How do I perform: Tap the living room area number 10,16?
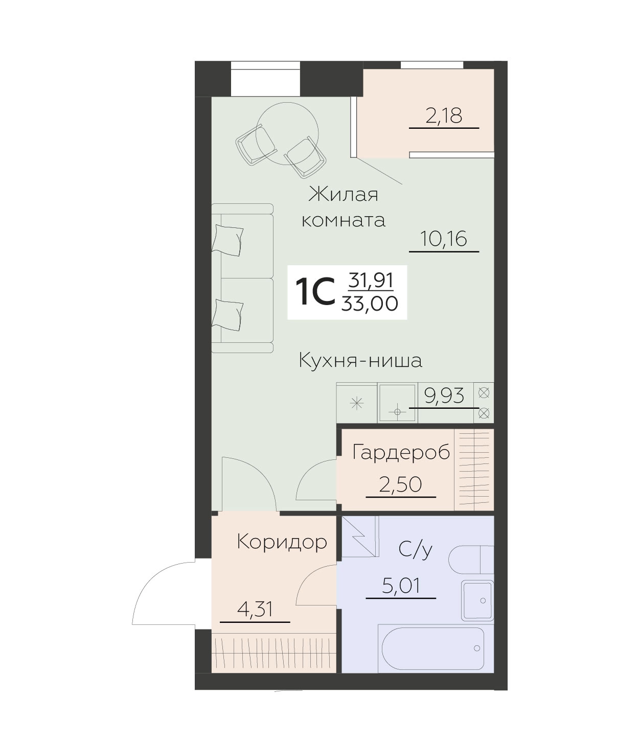click(444, 239)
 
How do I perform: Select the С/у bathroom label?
click(416, 549)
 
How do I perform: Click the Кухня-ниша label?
click(360, 360)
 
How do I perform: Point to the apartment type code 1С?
click(314, 292)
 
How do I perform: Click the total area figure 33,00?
click(370, 304)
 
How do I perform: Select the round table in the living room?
click(287, 134)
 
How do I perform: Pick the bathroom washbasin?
click(477, 600)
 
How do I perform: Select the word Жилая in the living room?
click(343, 195)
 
